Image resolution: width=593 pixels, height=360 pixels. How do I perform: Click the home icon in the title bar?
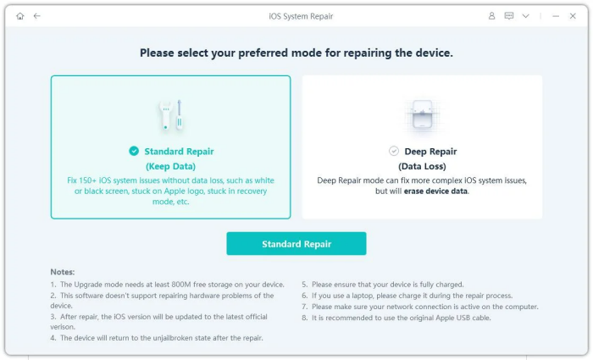click(x=20, y=16)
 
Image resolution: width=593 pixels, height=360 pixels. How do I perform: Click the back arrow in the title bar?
click(x=36, y=16)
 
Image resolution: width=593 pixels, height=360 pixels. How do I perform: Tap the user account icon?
click(x=491, y=16)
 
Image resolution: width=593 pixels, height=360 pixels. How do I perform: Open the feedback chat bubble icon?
click(x=509, y=16)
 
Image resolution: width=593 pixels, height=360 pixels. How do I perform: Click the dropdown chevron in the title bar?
click(x=526, y=16)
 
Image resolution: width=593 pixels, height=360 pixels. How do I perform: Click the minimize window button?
click(x=556, y=16)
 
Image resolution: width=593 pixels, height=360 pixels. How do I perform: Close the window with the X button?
click(x=573, y=16)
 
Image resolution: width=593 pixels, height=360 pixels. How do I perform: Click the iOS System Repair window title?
click(x=301, y=16)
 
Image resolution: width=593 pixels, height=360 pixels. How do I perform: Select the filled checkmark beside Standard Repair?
click(x=134, y=151)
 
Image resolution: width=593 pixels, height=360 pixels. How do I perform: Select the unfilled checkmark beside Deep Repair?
click(x=394, y=151)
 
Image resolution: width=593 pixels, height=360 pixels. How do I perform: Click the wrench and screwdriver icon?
click(x=171, y=115)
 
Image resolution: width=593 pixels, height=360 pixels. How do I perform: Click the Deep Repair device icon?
click(x=422, y=115)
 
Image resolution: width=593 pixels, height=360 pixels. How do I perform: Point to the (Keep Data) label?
click(x=170, y=166)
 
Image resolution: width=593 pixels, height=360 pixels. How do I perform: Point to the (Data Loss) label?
click(x=422, y=166)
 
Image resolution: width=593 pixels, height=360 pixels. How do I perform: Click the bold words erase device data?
click(x=435, y=191)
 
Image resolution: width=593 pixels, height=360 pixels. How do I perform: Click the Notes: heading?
click(x=63, y=272)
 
